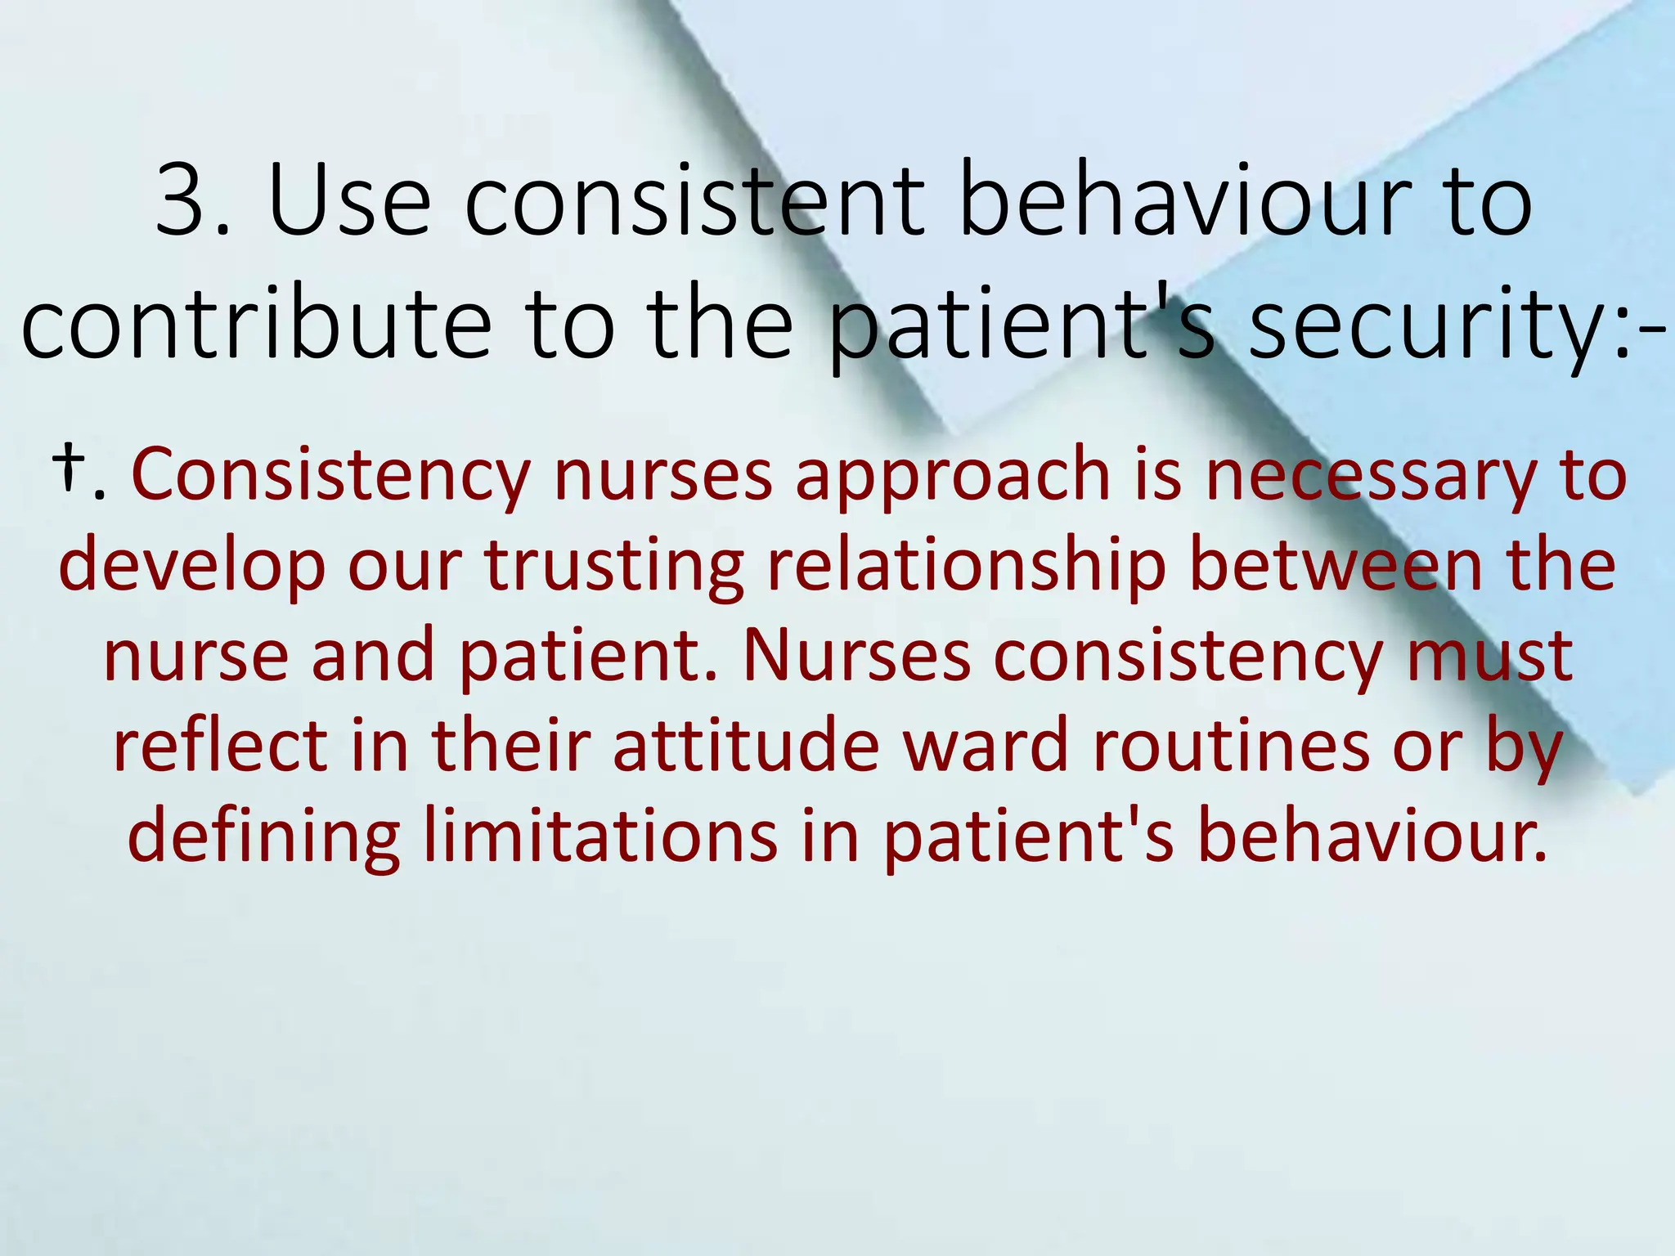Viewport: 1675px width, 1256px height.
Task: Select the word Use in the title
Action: tap(348, 202)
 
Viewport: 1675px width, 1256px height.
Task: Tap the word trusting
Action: tap(614, 567)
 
